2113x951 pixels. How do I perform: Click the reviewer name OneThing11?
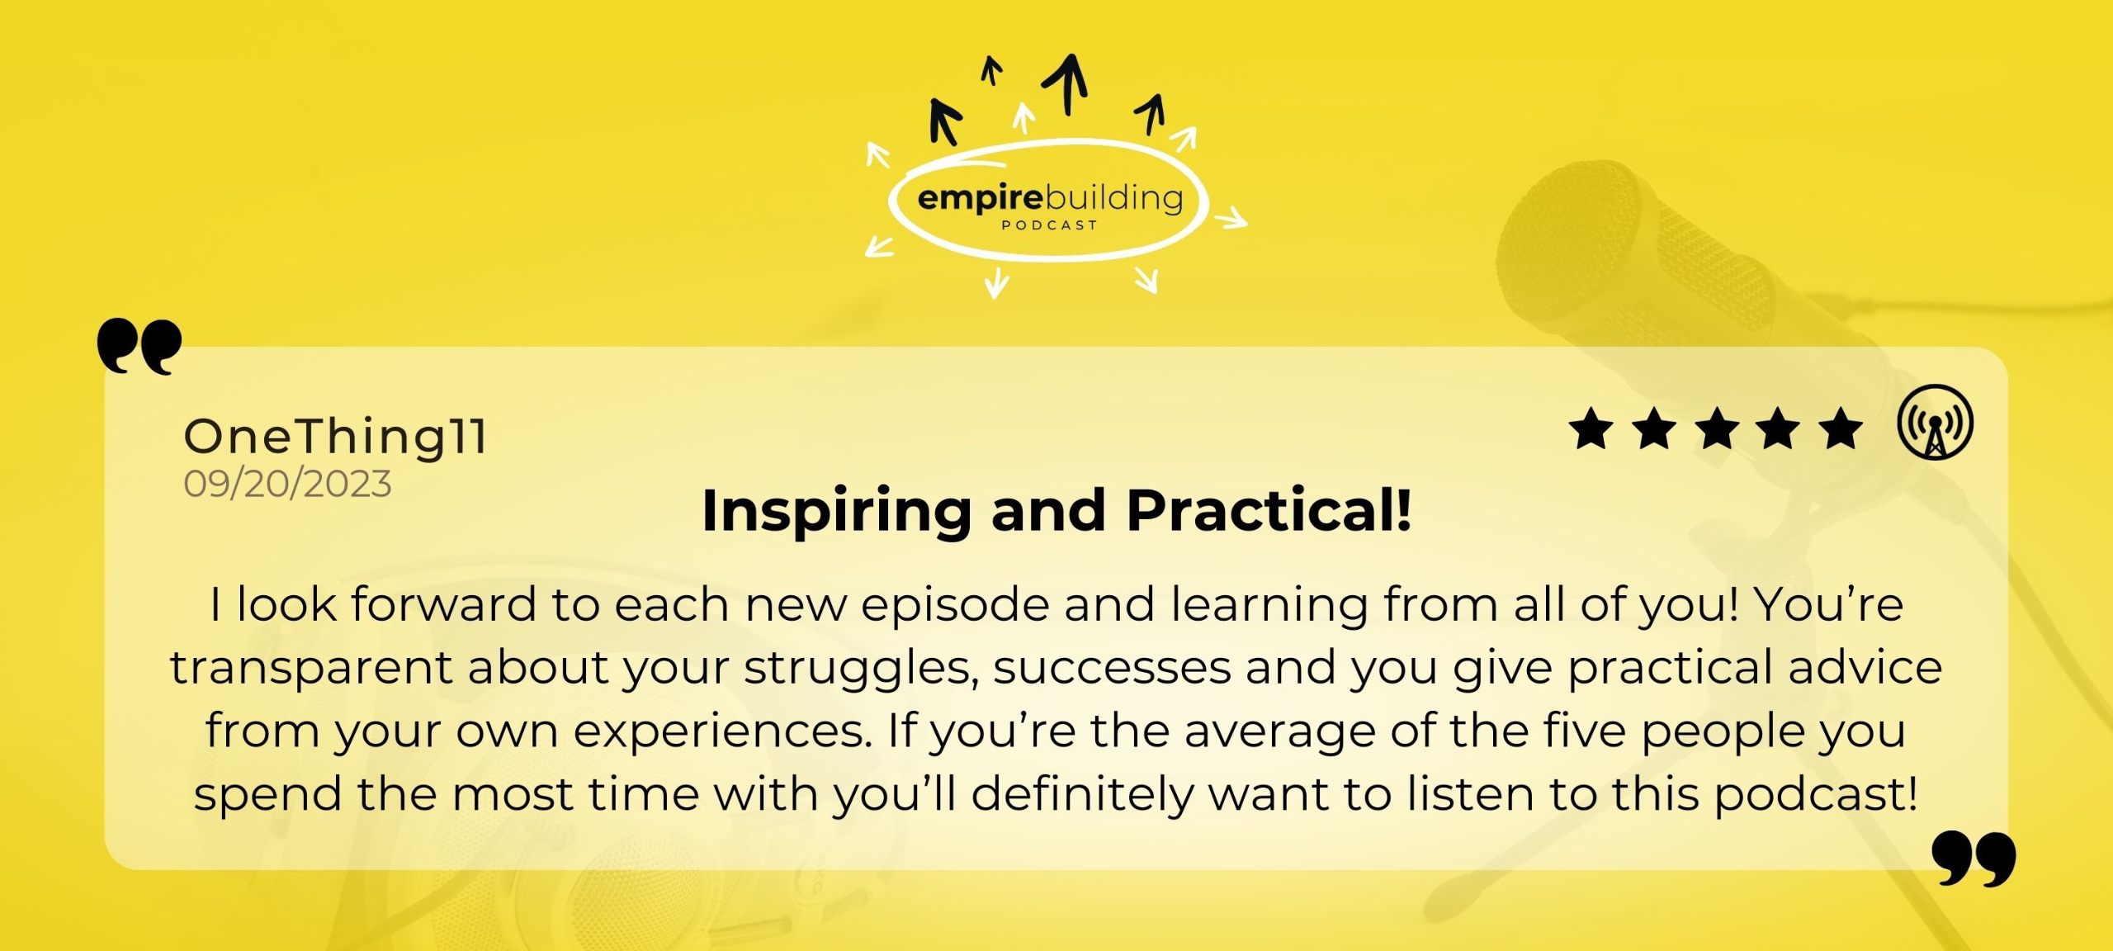[335, 438]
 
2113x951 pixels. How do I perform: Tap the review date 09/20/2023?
[287, 484]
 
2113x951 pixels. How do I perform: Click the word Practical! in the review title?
[1269, 510]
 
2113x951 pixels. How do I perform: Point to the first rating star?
[1591, 428]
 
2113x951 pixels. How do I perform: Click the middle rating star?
[1717, 428]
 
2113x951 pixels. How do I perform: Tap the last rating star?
[1841, 428]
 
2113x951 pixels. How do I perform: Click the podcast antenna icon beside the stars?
[1935, 422]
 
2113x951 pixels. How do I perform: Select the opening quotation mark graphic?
[139, 346]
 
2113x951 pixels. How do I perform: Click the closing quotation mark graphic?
[1974, 859]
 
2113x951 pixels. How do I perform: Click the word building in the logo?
[1114, 199]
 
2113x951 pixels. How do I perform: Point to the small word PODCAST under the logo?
[1049, 225]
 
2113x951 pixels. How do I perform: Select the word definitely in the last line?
[1081, 794]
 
